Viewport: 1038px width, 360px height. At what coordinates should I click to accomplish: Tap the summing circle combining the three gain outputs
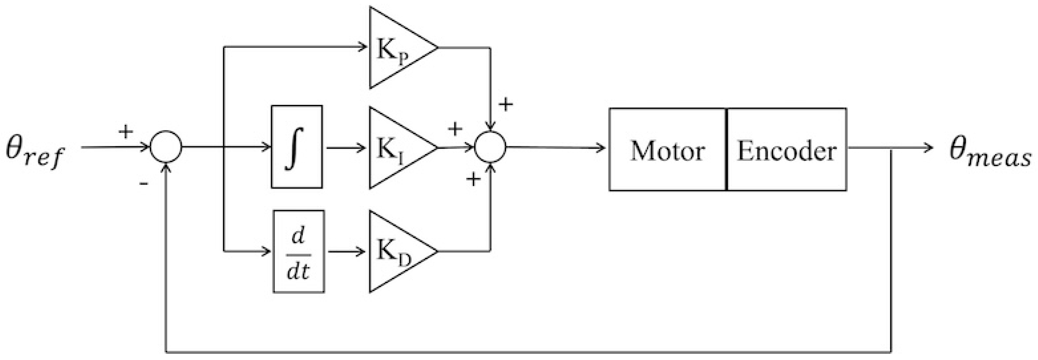tap(490, 147)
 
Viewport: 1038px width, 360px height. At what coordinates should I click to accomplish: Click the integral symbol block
tap(297, 147)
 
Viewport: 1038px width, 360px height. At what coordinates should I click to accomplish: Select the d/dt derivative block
tap(299, 252)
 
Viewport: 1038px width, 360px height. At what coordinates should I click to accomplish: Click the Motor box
tap(668, 150)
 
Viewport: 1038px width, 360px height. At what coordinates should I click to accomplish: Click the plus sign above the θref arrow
tap(126, 132)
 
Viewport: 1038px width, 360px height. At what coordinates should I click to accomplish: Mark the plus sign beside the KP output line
tap(506, 105)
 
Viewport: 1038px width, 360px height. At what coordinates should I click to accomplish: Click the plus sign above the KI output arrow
tap(455, 129)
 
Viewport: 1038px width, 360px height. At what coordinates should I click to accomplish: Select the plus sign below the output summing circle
tap(473, 179)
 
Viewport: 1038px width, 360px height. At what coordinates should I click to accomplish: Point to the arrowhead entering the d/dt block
tap(267, 252)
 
